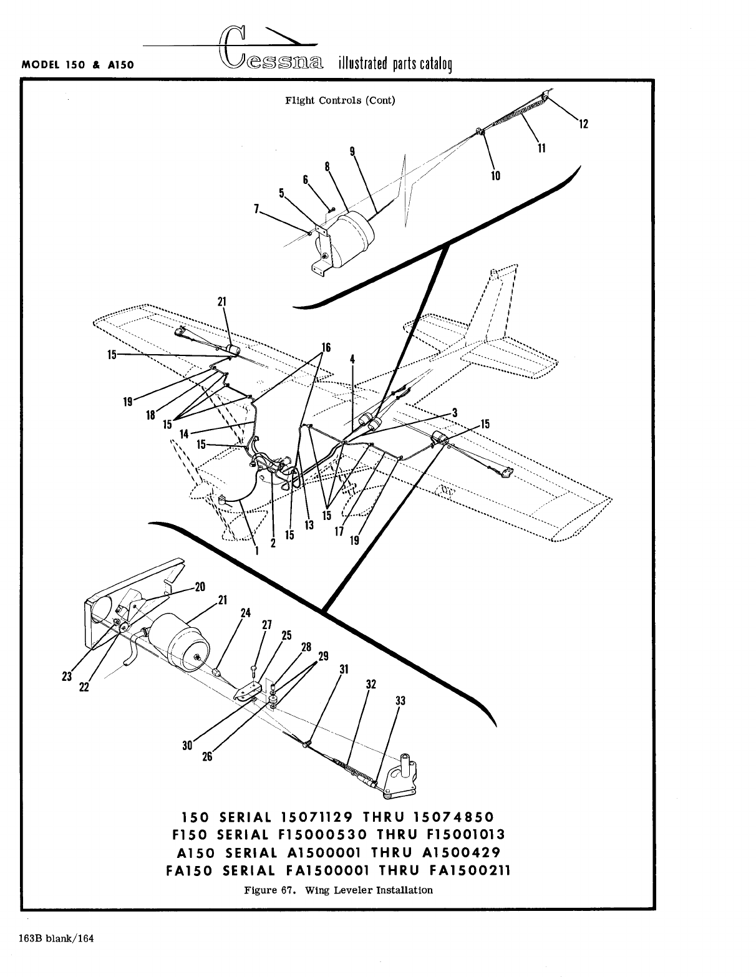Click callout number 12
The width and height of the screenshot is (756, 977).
pyautogui.click(x=584, y=124)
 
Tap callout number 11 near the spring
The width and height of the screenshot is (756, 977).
pyautogui.click(x=541, y=148)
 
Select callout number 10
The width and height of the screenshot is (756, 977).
pyautogui.click(x=495, y=176)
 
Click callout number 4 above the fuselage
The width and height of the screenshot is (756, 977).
pyautogui.click(x=352, y=359)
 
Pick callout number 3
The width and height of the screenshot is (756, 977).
pyautogui.click(x=455, y=412)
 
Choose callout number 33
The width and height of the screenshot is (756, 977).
pyautogui.click(x=400, y=701)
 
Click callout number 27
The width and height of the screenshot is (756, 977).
pyautogui.click(x=267, y=625)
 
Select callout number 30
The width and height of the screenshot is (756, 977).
pyautogui.click(x=187, y=745)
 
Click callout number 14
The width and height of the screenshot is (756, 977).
pyautogui.click(x=183, y=433)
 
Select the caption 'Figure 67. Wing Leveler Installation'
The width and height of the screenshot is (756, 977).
pyautogui.click(x=338, y=890)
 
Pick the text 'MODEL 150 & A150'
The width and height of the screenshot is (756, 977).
pyautogui.click(x=79, y=65)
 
